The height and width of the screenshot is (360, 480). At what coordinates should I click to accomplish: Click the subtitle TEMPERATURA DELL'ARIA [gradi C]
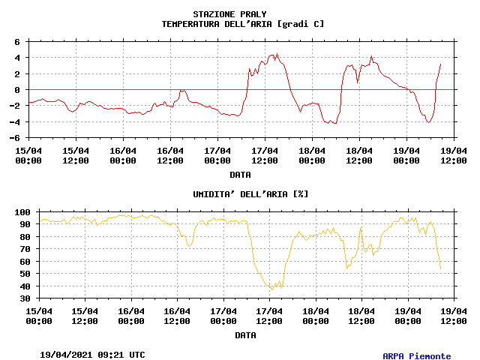(x=243, y=24)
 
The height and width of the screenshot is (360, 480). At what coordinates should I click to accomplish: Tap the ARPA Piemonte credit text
(x=416, y=356)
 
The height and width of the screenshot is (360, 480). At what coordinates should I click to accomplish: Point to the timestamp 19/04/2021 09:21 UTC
(x=92, y=354)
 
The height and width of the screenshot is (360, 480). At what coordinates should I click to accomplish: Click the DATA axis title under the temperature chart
(x=240, y=175)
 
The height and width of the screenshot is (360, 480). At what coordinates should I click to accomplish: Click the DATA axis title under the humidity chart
(x=245, y=336)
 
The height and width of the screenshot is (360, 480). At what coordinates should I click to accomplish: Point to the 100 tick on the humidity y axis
(x=22, y=212)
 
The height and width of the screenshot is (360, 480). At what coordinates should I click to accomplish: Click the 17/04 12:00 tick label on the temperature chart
(x=264, y=155)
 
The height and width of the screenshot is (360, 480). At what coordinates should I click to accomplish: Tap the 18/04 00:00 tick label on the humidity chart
(x=315, y=316)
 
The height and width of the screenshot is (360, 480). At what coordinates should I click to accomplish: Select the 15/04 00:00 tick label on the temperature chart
(x=28, y=155)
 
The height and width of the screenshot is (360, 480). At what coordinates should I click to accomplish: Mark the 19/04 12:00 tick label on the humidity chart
(x=454, y=316)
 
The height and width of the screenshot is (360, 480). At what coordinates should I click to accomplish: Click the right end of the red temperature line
(x=440, y=64)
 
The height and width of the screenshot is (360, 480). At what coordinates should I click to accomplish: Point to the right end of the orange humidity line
(x=440, y=268)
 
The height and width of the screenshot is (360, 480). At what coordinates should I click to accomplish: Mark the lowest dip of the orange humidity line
(x=272, y=289)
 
